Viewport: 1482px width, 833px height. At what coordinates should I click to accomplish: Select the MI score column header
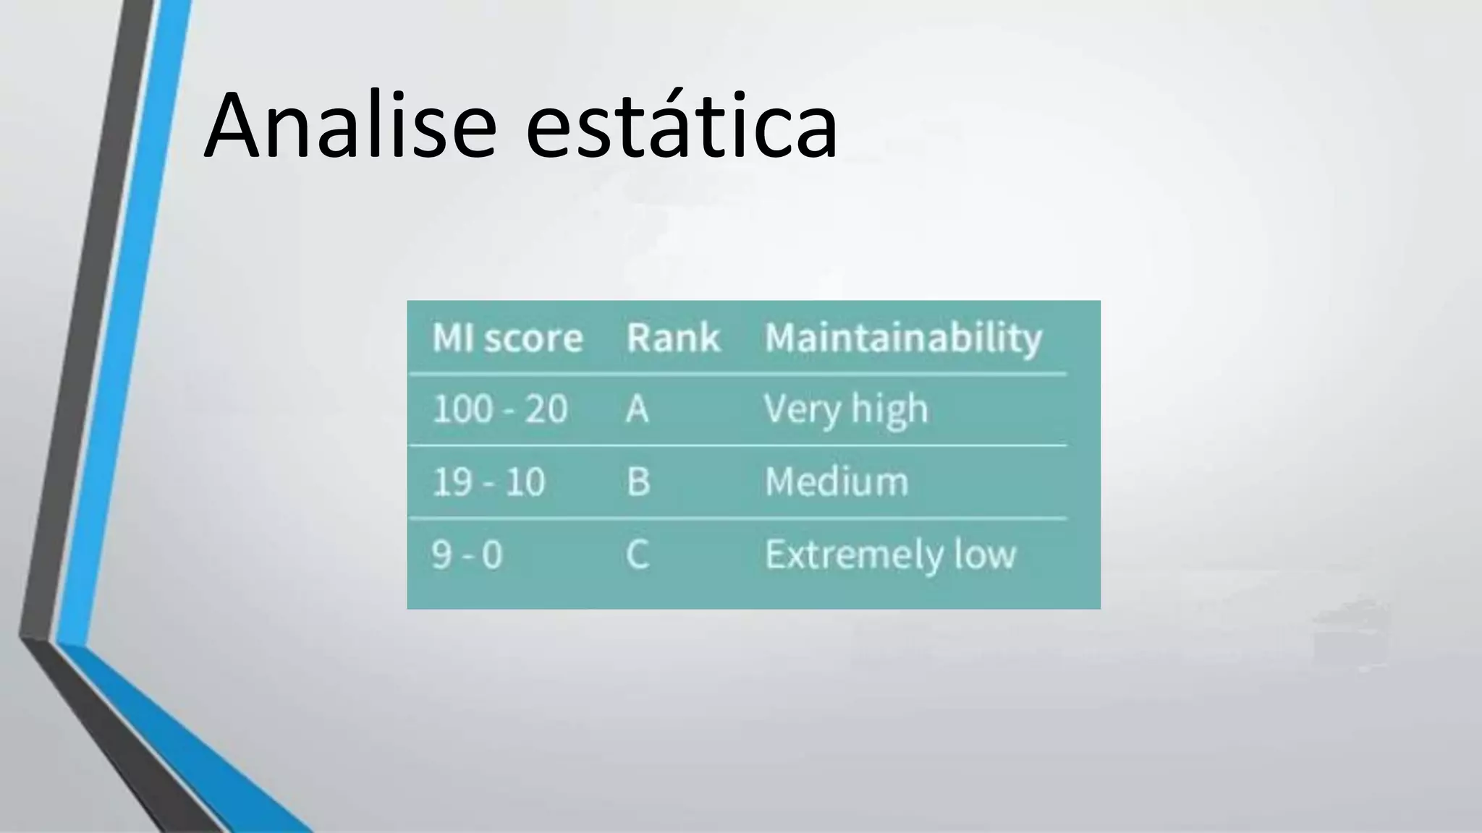coord(507,338)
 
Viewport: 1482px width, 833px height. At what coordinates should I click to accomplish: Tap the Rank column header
coord(673,338)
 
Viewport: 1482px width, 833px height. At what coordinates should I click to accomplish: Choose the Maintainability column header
coord(903,338)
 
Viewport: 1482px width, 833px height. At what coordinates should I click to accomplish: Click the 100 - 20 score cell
coord(499,409)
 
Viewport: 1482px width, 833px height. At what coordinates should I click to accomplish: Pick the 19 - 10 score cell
coord(488,482)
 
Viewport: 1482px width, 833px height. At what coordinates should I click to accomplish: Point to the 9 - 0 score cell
coord(467,555)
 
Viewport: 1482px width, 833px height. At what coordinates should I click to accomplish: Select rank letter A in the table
coord(638,410)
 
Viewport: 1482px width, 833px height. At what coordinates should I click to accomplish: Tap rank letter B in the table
coord(638,482)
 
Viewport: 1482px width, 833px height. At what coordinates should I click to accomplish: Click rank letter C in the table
coord(638,555)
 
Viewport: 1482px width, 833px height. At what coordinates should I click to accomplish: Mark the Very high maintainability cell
coord(845,410)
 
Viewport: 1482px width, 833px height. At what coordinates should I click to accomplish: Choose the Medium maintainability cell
coord(837,482)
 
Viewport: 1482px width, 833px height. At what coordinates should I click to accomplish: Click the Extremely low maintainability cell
coord(890,555)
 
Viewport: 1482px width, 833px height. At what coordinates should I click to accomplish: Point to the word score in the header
coord(533,338)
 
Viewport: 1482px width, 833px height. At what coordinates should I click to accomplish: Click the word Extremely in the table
coord(854,555)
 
